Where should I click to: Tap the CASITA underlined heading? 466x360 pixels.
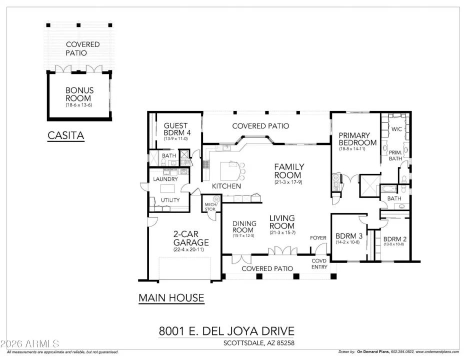click(65, 135)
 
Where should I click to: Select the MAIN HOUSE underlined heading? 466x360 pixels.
click(171, 298)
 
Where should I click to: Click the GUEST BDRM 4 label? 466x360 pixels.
click(176, 129)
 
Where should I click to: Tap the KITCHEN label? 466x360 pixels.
click(226, 186)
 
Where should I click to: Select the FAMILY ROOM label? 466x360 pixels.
click(288, 171)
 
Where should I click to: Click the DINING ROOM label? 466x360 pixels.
click(244, 226)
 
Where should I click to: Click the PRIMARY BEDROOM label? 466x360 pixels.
click(354, 138)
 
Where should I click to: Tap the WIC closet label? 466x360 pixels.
click(397, 129)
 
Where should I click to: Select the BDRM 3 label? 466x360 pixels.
click(348, 236)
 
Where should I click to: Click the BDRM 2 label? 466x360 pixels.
click(394, 239)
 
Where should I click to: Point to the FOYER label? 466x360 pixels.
click(318, 238)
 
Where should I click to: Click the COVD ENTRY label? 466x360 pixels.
click(319, 264)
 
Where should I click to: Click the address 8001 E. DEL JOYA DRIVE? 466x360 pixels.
click(226, 331)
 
